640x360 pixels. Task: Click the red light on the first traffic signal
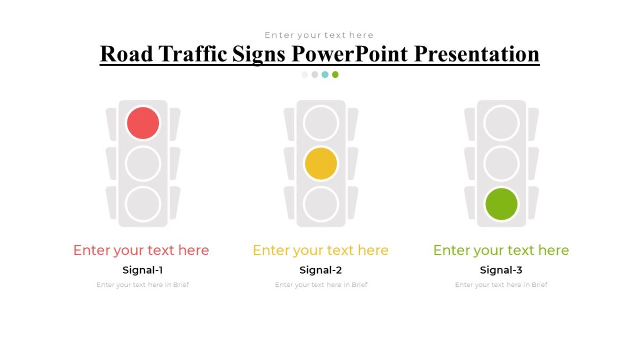pyautogui.click(x=143, y=123)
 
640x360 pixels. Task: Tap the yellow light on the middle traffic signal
pyautogui.click(x=321, y=163)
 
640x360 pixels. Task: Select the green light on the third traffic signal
pyautogui.click(x=501, y=204)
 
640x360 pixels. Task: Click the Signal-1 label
pyautogui.click(x=142, y=270)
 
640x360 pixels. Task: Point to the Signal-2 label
pyautogui.click(x=321, y=270)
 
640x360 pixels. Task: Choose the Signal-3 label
pyautogui.click(x=501, y=270)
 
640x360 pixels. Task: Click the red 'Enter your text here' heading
pyautogui.click(x=141, y=250)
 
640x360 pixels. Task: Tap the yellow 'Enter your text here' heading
pyautogui.click(x=321, y=250)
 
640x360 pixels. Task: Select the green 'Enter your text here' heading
pyautogui.click(x=501, y=250)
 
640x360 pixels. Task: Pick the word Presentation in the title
pyautogui.click(x=476, y=54)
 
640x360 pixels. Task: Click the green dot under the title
pyautogui.click(x=335, y=75)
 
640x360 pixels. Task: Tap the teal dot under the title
pyautogui.click(x=325, y=75)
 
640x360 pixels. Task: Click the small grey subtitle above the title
pyautogui.click(x=319, y=35)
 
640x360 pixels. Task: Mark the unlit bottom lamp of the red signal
pyautogui.click(x=143, y=204)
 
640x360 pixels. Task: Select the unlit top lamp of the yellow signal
pyautogui.click(x=321, y=123)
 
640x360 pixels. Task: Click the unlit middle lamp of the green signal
pyautogui.click(x=501, y=163)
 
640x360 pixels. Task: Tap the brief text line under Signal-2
pyautogui.click(x=321, y=285)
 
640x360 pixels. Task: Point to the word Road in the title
pyautogui.click(x=126, y=54)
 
